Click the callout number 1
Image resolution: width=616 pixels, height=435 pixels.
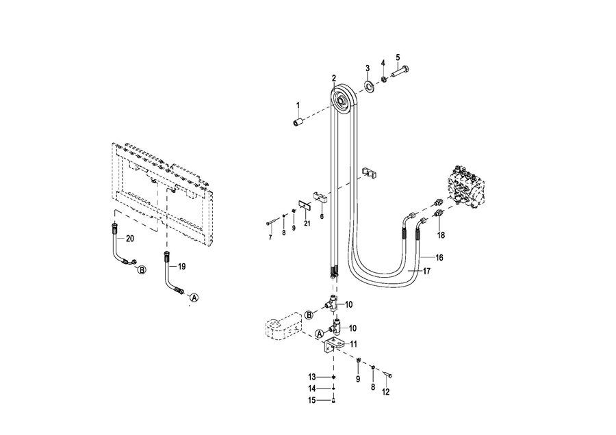[298, 105]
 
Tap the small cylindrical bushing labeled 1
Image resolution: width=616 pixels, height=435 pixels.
[299, 121]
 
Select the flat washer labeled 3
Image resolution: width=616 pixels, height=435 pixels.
[369, 85]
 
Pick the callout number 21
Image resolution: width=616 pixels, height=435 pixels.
[307, 224]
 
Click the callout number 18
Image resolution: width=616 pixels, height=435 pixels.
[441, 235]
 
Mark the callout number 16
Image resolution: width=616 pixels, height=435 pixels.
[439, 258]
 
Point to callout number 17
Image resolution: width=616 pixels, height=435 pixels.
[426, 272]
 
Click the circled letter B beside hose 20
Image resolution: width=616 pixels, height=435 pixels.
[142, 269]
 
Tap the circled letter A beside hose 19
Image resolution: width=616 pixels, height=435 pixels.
[193, 298]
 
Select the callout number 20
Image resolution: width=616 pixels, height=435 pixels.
[130, 238]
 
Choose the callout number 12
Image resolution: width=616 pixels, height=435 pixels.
[386, 392]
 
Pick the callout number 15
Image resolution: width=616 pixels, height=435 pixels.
[312, 400]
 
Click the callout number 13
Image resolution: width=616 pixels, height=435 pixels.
[312, 377]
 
